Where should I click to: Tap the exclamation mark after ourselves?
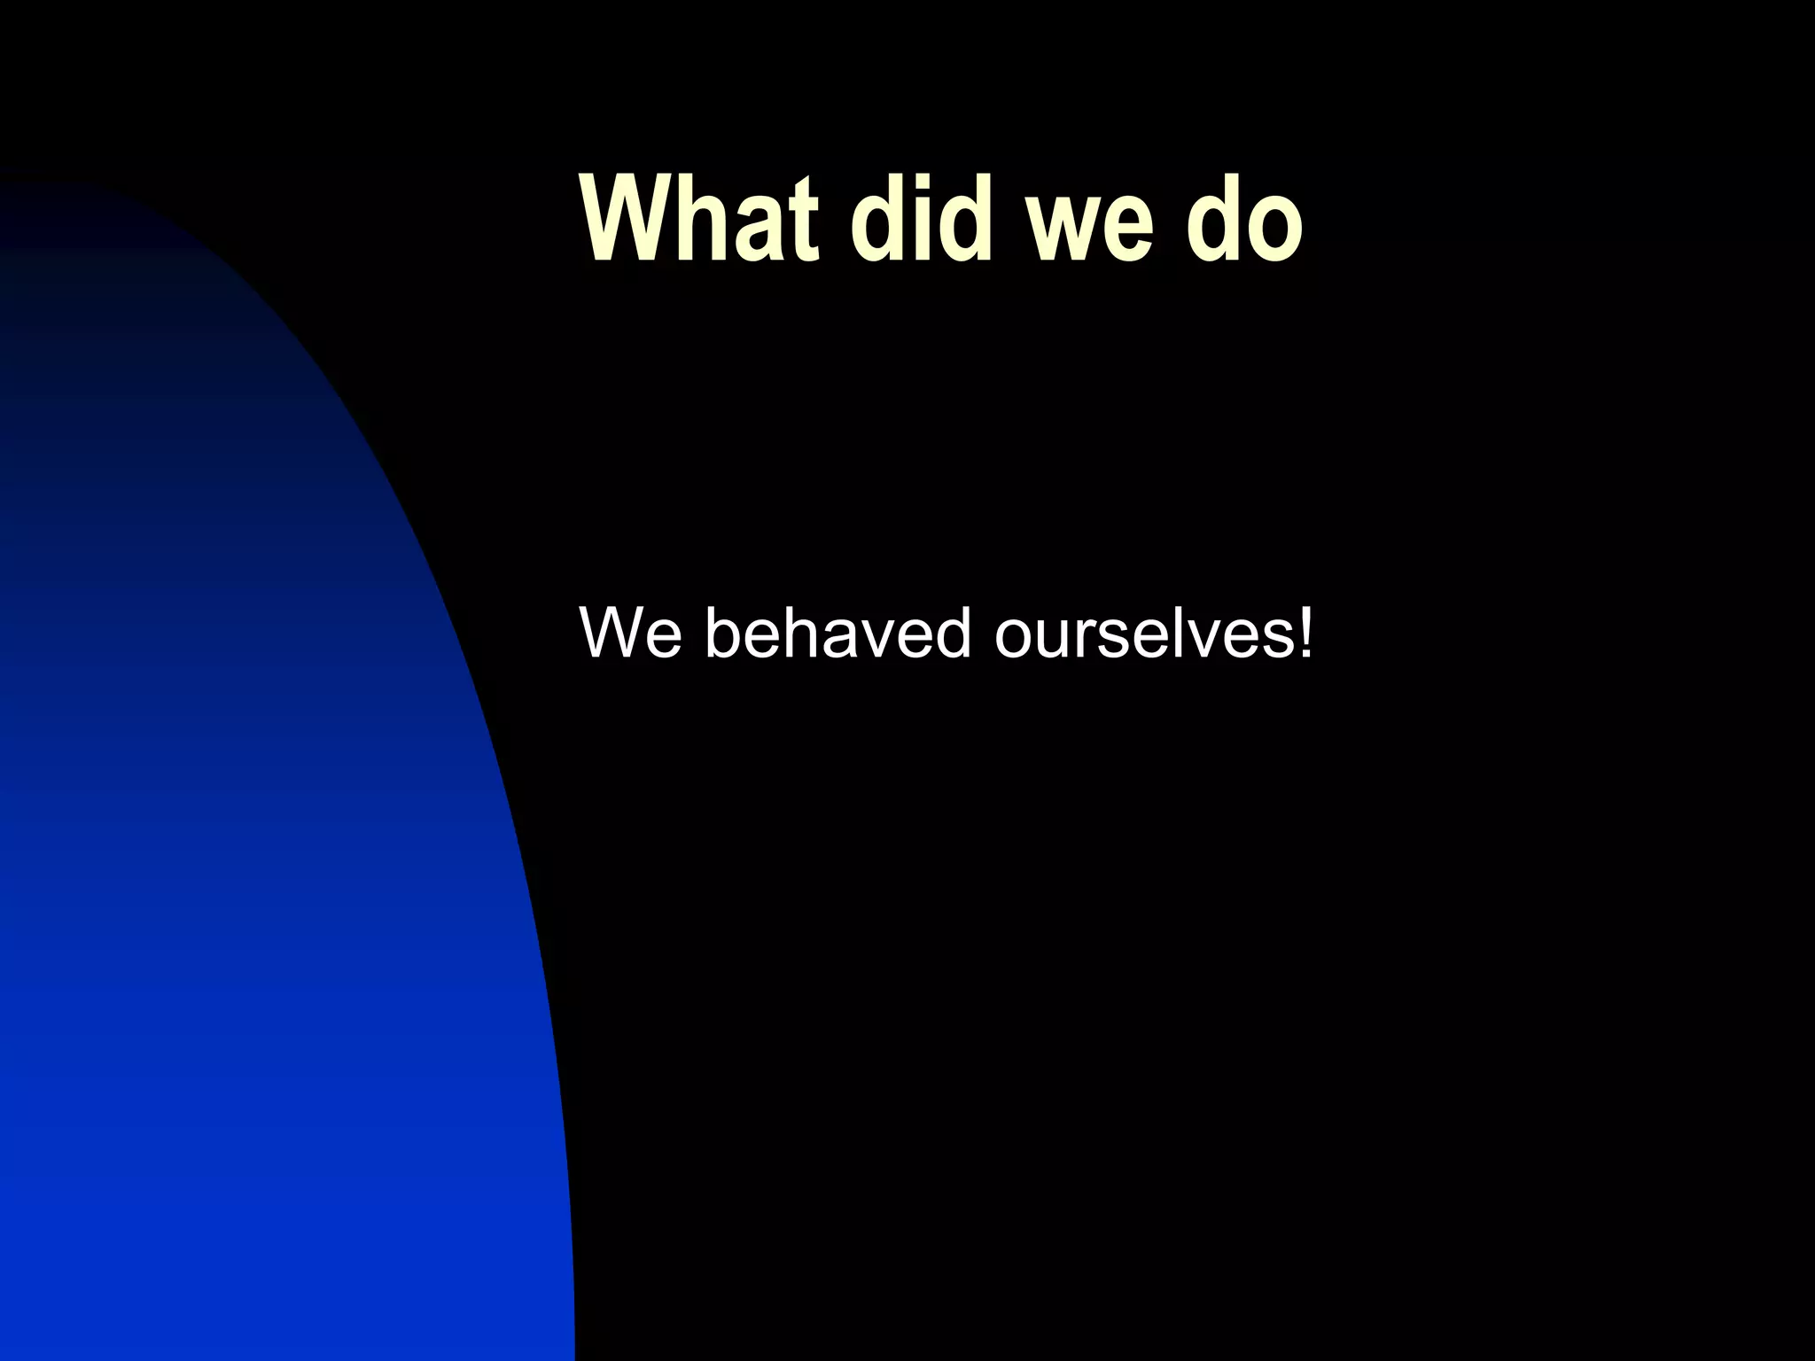coord(1304,632)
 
